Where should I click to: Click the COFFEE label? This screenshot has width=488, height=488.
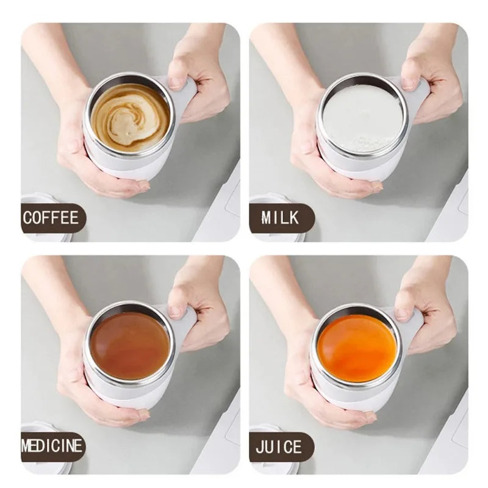[x=52, y=218]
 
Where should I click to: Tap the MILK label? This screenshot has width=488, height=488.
[x=281, y=218]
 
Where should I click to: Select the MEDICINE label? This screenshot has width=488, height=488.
[x=52, y=446]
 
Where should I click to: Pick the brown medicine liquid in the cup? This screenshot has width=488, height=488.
[x=130, y=345]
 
